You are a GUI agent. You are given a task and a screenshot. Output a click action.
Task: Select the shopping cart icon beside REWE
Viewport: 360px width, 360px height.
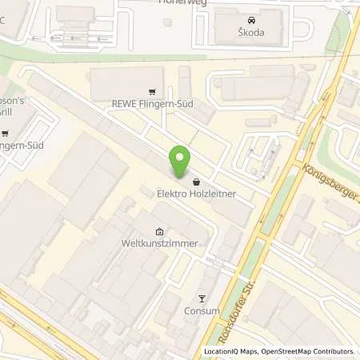point(152,91)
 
